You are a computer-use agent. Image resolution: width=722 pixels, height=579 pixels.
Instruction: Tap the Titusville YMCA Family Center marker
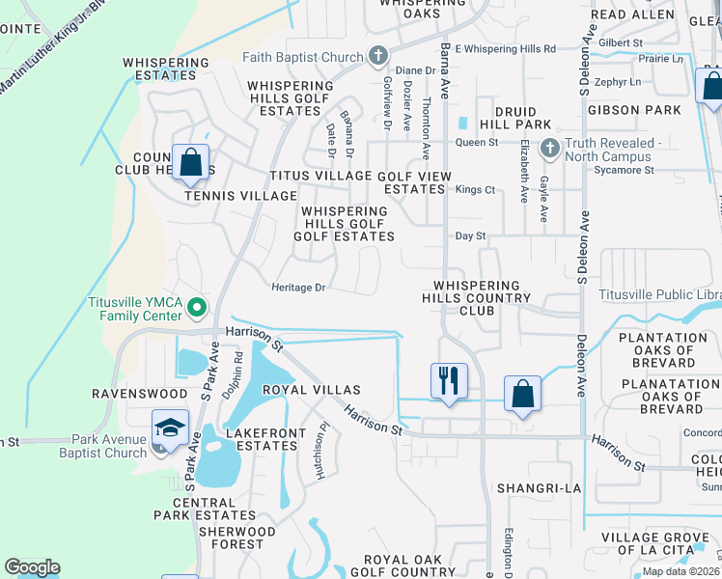coord(197,309)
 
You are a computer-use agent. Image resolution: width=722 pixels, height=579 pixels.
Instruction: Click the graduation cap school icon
coord(170,426)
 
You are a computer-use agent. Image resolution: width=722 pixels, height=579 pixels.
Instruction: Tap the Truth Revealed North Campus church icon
coord(550,150)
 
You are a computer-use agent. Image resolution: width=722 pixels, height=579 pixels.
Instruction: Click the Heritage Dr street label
coord(300,288)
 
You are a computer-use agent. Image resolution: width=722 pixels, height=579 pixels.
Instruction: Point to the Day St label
coord(470,236)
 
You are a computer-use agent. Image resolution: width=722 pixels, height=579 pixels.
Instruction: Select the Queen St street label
coord(476,143)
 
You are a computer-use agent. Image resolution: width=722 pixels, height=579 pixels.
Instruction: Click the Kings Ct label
coord(475,190)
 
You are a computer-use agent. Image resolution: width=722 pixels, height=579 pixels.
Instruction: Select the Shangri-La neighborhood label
coord(540,488)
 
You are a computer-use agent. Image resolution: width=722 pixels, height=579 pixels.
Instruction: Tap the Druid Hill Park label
coord(522,118)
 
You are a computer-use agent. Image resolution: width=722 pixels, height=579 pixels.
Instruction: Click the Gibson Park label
coord(634,110)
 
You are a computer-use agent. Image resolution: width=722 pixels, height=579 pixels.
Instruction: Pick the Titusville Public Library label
coord(659,294)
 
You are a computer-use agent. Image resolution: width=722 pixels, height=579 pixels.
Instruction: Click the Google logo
coord(32,567)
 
